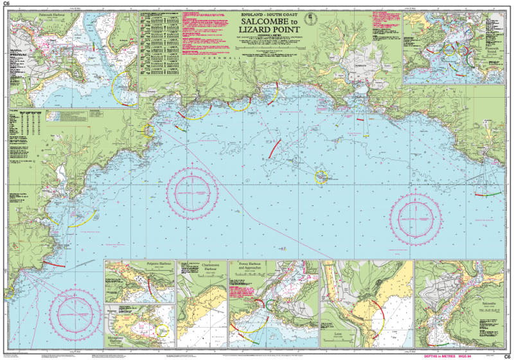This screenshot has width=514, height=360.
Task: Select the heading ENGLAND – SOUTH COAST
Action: click(270, 14)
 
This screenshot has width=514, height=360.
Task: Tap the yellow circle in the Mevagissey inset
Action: click(162, 332)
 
